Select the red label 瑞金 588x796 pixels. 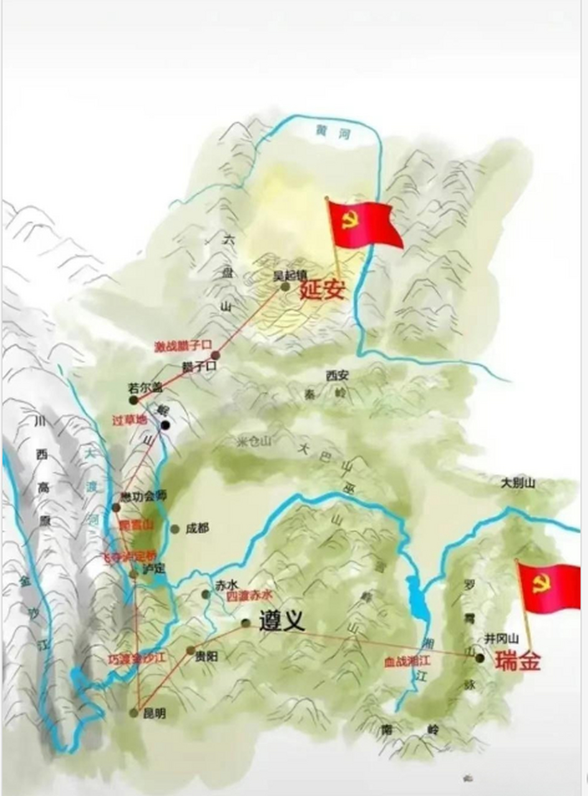(518, 660)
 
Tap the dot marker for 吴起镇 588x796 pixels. (285, 287)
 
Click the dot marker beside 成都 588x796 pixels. (175, 529)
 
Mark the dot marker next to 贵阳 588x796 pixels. (190, 650)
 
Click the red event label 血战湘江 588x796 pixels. (407, 661)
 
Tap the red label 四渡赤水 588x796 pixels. (248, 595)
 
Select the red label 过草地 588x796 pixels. (129, 419)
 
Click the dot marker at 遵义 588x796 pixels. (246, 623)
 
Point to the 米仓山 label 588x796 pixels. (254, 442)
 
